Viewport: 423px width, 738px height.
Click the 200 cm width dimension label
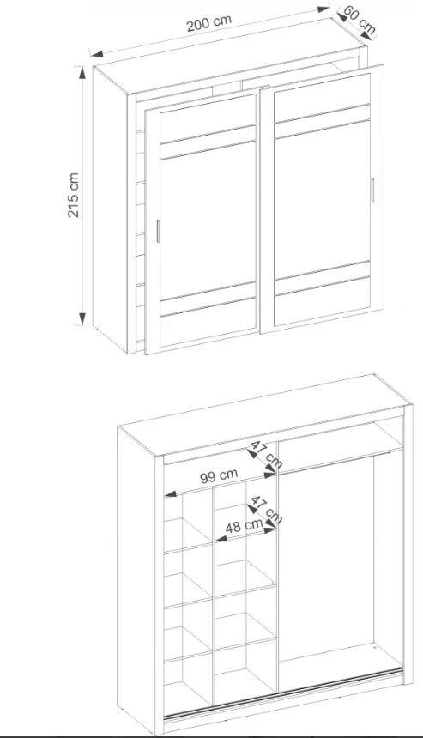(208, 23)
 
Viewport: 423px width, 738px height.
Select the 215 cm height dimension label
(74, 195)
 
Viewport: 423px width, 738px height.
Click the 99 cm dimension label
(219, 475)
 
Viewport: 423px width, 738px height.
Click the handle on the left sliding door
(158, 231)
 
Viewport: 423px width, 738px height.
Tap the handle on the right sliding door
(372, 191)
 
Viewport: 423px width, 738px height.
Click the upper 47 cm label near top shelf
(266, 454)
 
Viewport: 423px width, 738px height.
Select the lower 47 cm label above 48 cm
(266, 510)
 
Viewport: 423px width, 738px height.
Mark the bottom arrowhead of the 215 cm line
(82, 318)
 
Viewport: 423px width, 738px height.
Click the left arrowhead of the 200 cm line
(96, 54)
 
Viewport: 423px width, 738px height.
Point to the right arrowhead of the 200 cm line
(323, 9)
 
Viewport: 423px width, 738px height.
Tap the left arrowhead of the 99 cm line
(170, 493)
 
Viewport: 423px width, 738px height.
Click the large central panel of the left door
(208, 220)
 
